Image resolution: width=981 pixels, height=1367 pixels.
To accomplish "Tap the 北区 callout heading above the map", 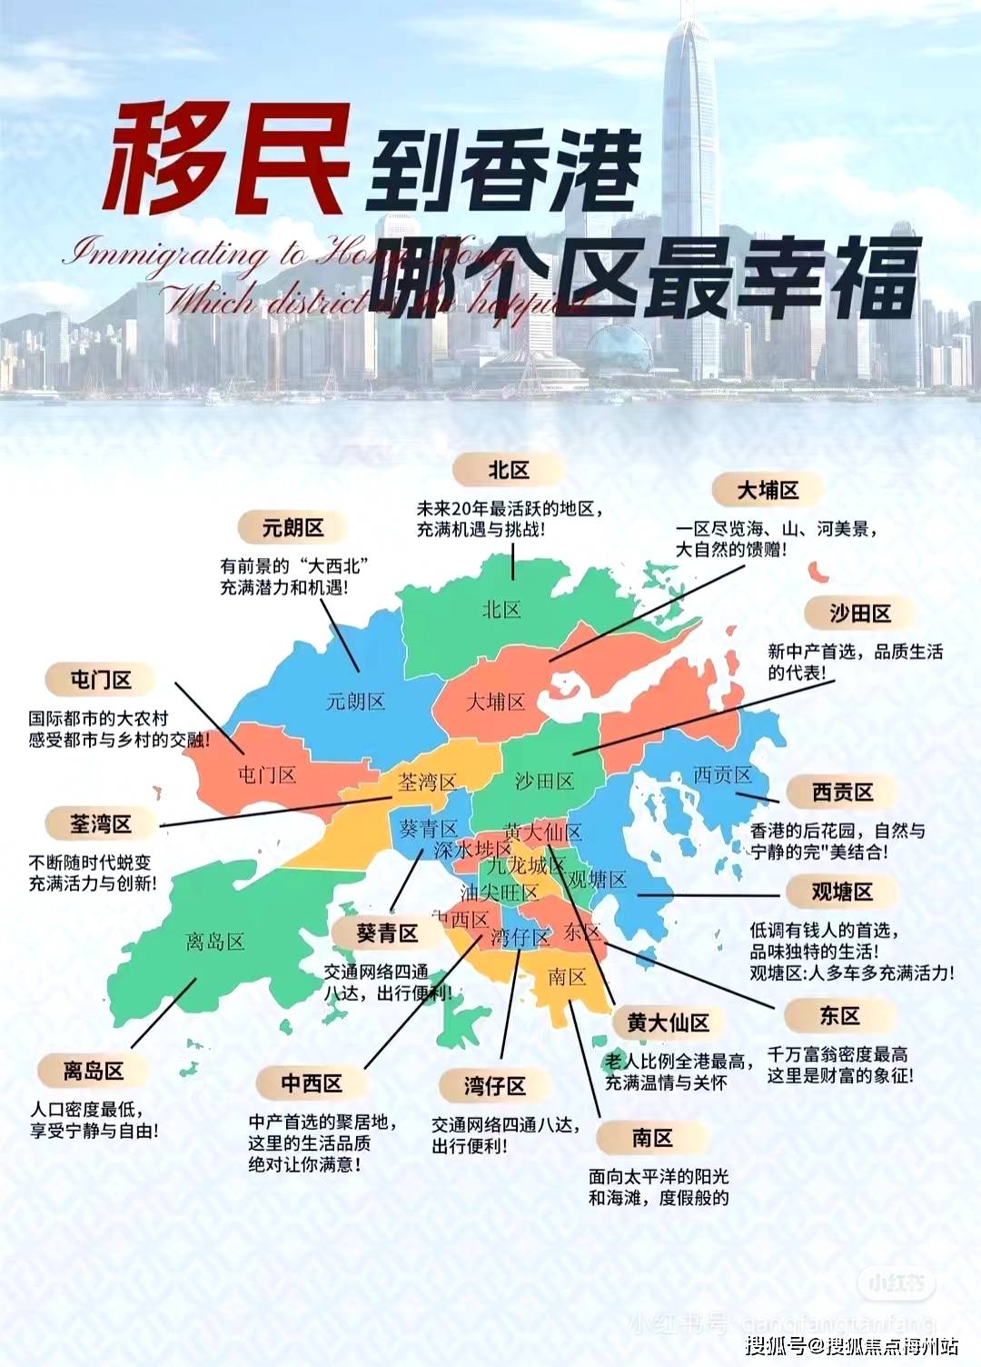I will (508, 470).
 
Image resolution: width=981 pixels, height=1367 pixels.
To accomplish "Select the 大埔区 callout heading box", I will (768, 491).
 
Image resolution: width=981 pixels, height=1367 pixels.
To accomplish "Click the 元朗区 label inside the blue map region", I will (355, 702).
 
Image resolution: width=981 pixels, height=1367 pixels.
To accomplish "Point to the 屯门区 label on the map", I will (267, 775).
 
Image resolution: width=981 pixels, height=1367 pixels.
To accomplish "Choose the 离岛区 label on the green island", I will (215, 942).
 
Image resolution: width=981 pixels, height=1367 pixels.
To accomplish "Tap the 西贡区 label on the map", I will (722, 775).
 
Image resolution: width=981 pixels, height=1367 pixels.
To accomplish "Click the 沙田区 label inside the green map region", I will (544, 782).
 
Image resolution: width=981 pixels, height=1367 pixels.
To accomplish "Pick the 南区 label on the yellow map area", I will (567, 978).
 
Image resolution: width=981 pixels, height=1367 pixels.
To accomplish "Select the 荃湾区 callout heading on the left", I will (101, 824).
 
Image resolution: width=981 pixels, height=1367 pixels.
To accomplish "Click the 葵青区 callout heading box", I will (387, 933).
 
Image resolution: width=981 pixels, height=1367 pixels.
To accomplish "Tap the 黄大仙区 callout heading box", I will (668, 1023).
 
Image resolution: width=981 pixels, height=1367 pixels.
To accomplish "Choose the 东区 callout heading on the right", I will (839, 1016).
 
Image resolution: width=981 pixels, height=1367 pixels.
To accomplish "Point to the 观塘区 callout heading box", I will (842, 893).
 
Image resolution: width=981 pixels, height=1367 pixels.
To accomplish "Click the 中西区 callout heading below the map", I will (312, 1083).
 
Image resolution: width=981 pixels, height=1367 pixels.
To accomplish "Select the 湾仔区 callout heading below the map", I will (494, 1086).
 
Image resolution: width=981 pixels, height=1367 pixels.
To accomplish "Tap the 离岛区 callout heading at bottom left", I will (93, 1072).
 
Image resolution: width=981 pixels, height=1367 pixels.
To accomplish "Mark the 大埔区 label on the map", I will (495, 703).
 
